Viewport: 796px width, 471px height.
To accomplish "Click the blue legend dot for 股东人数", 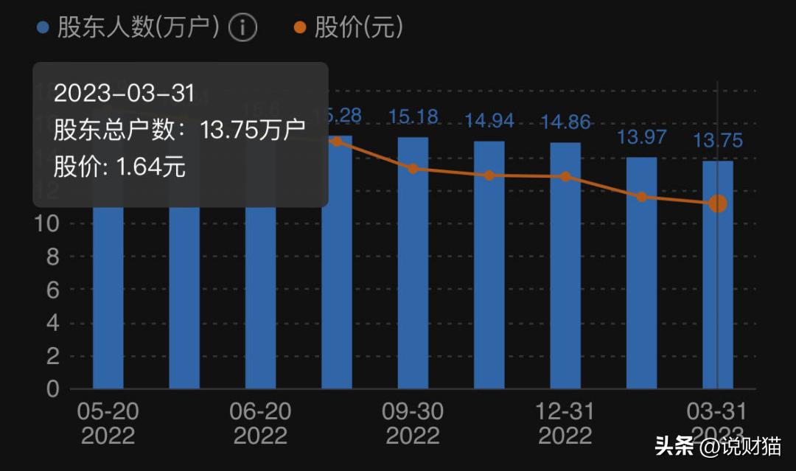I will [43, 29].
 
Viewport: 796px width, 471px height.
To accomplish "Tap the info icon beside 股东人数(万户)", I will [242, 29].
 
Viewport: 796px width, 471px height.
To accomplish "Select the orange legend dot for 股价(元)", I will [298, 29].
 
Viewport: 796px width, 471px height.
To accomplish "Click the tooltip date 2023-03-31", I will [124, 94].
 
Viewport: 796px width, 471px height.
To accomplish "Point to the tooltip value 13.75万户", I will [253, 130].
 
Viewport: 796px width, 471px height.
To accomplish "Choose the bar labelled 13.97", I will [641, 272].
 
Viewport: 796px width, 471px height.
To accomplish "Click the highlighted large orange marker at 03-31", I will [717, 203].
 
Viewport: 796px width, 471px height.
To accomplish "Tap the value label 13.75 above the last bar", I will [717, 141].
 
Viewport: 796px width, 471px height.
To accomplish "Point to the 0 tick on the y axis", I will [53, 389].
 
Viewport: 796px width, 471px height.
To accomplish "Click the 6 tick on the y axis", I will [53, 290].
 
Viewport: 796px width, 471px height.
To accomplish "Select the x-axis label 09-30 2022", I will [413, 423].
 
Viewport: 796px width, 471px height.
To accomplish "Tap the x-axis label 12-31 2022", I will [565, 423].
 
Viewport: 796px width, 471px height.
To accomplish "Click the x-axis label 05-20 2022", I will [108, 423].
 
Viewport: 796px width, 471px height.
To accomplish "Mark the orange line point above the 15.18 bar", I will [413, 169].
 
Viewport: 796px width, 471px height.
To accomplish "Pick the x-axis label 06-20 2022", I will [260, 423].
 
